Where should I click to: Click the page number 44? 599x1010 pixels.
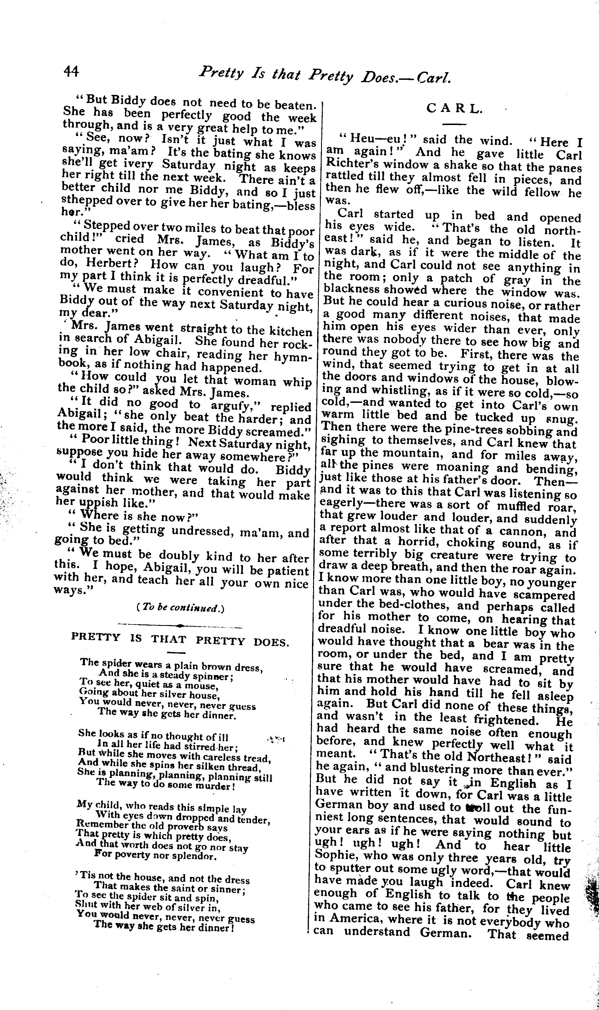72,72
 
